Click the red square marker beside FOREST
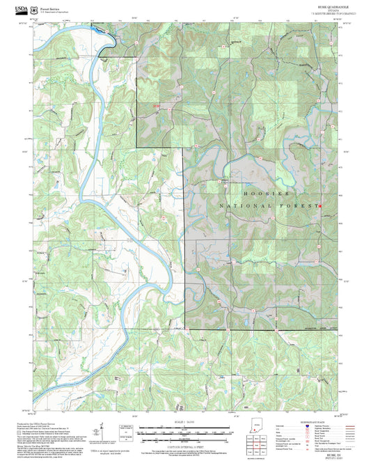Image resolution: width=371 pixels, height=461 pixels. [x=319, y=206]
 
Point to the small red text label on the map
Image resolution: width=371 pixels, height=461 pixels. [x=157, y=106]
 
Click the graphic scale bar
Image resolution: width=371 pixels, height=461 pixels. [x=185, y=429]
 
